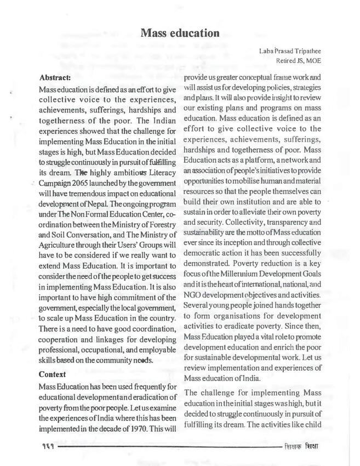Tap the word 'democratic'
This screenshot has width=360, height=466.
tap(207, 260)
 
